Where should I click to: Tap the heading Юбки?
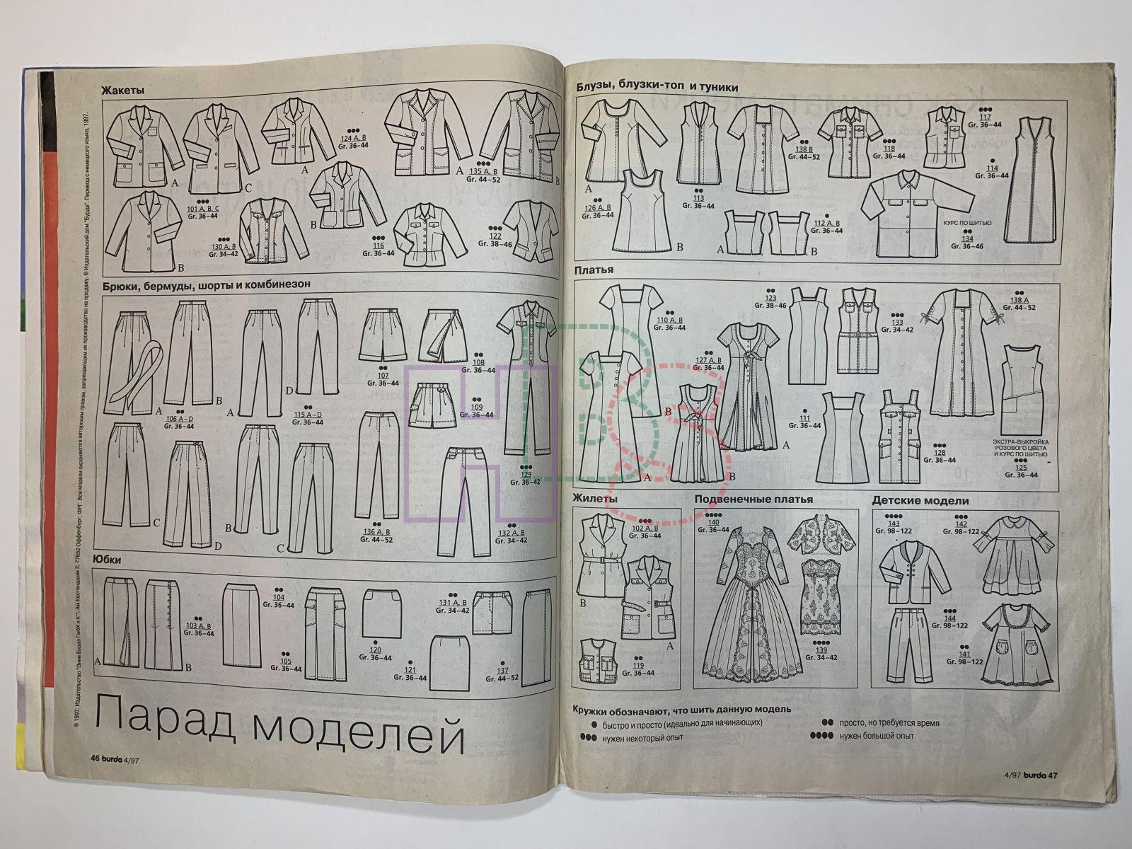tap(108, 560)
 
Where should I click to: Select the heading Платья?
tap(594, 270)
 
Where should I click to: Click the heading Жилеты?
tap(596, 499)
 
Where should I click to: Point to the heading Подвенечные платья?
tap(753, 499)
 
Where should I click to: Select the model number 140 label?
tap(714, 522)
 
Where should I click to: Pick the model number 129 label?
tap(526, 473)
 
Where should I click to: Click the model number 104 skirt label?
tap(278, 597)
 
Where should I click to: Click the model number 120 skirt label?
tap(375, 649)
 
